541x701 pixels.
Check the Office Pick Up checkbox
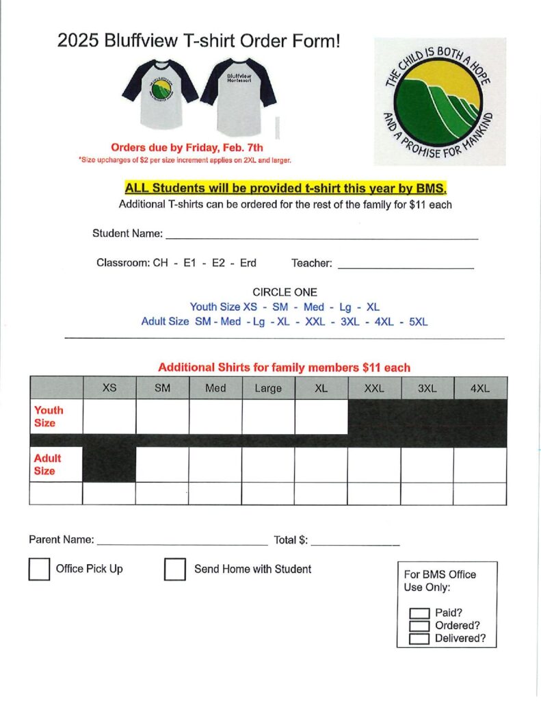tap(39, 569)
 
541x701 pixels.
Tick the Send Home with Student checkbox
tap(175, 569)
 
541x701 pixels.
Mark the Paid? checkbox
tap(419, 613)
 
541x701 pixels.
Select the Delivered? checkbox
tap(419, 639)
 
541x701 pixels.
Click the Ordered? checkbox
tap(419, 626)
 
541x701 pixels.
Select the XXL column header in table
tap(374, 388)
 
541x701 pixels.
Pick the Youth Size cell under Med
tap(215, 416)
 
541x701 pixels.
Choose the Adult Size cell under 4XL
tap(480, 464)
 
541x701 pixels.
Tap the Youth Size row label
tap(49, 416)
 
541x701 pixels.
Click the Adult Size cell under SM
tap(163, 464)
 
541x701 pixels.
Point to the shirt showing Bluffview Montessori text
tap(238, 96)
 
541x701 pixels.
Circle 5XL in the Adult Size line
tap(417, 321)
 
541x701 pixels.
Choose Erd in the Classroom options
tap(248, 263)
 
